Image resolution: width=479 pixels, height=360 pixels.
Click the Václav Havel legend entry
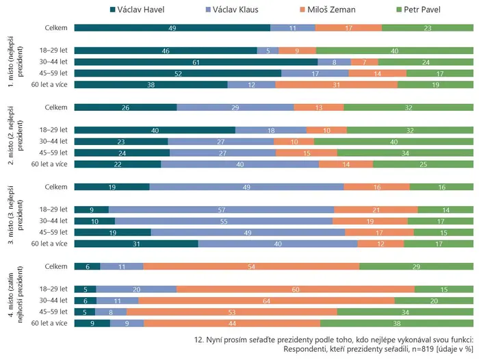137,10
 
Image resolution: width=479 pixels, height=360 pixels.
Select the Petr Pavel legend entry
418,10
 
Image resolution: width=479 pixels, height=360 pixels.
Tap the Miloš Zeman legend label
331,10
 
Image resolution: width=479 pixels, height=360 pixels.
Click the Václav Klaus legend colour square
208,10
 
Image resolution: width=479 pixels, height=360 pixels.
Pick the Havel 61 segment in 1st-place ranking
196,62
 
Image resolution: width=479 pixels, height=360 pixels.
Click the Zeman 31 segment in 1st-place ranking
337,85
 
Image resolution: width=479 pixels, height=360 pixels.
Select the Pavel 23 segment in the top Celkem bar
428,28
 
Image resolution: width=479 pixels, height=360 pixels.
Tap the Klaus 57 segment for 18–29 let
222,209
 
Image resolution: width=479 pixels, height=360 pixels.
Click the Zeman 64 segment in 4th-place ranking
266,300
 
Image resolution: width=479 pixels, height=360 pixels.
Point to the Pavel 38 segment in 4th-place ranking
397,323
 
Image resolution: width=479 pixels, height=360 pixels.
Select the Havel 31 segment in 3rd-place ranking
136,244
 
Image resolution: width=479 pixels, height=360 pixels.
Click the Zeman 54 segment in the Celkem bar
251,266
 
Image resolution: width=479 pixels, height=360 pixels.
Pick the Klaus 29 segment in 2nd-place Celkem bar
235,107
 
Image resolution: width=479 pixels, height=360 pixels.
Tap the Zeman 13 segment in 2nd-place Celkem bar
319,107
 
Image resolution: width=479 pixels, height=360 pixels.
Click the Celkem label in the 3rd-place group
56,187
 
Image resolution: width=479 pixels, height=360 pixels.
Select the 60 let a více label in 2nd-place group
49,164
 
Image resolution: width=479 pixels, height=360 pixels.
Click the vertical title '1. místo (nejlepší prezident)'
15,62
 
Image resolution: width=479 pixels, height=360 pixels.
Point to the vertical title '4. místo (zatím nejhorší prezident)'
15,294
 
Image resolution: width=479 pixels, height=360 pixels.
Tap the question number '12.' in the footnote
199,340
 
